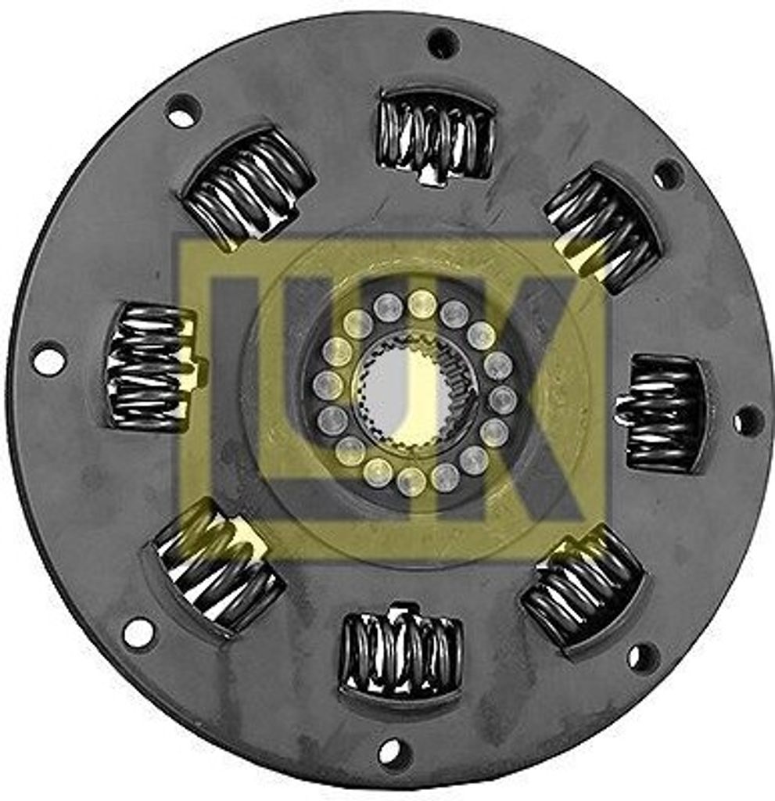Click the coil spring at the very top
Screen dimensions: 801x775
pos(435,135)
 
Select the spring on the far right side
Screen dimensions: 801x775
pos(665,413)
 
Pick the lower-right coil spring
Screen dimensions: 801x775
pos(583,587)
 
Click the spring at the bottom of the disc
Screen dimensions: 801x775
pos(400,654)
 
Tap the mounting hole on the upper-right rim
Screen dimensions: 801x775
pos(669,174)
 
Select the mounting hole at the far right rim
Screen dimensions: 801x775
pos(748,421)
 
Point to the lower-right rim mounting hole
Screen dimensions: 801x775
pos(643,657)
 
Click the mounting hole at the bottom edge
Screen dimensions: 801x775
pos(394,753)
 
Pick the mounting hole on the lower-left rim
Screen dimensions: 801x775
pos(138,632)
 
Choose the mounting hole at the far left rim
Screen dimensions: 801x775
pos(48,359)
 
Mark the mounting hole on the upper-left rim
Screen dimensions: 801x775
pos(183,111)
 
